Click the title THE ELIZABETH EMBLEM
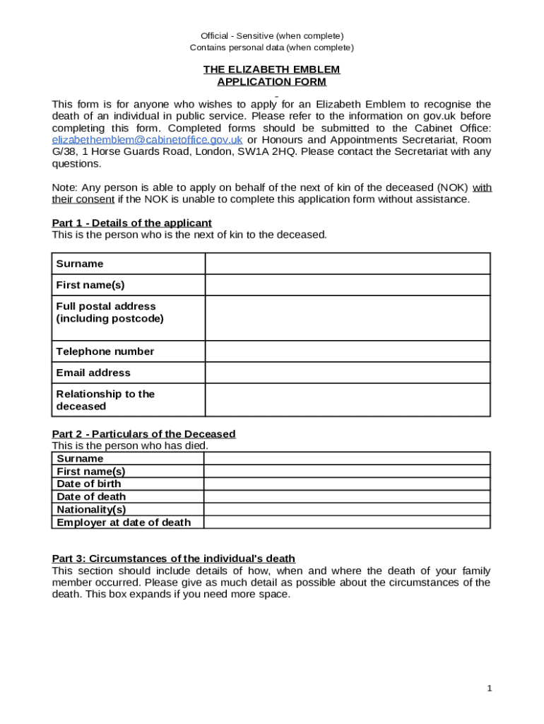[x=271, y=69]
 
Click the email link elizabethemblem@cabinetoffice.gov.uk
[x=147, y=140]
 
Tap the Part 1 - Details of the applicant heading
[x=131, y=223]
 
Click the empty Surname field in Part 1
[x=347, y=264]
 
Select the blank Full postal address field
[x=347, y=317]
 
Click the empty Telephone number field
[x=347, y=351]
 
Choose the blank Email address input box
[x=347, y=373]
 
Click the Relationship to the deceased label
[x=105, y=400]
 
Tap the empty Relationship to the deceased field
[x=347, y=400]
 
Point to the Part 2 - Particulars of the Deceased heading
[x=143, y=433]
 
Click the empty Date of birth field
[x=347, y=484]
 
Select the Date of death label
[x=91, y=497]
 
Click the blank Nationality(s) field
[x=347, y=510]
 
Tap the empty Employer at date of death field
[x=347, y=522]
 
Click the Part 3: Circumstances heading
[x=173, y=559]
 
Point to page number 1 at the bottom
[x=489, y=689]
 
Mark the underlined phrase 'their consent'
[x=83, y=199]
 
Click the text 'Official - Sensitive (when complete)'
[x=271, y=36]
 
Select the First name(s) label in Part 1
[x=90, y=285]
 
